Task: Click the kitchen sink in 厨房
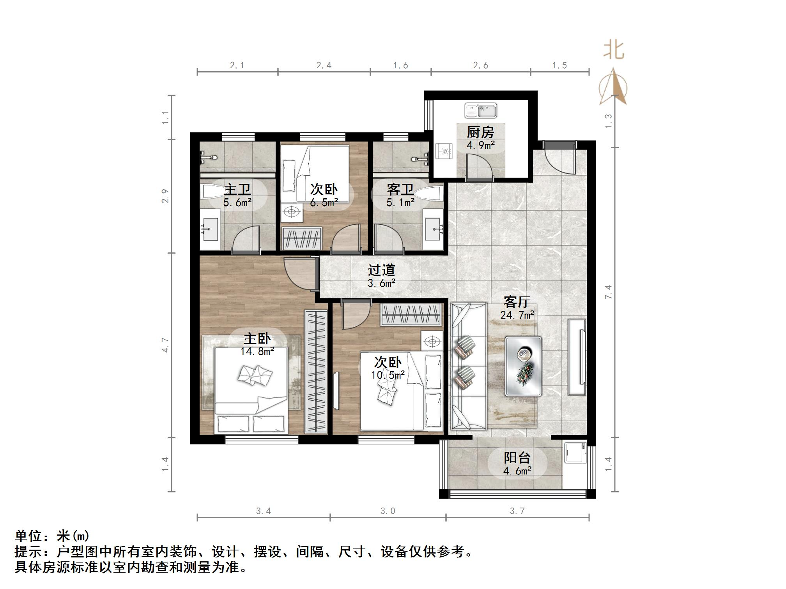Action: pos(480,111)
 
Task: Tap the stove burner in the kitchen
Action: pos(445,151)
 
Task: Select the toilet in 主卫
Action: pos(212,191)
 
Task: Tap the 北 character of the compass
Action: pos(614,50)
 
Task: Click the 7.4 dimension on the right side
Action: pos(609,292)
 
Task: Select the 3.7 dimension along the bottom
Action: pos(517,511)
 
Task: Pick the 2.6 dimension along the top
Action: pos(481,65)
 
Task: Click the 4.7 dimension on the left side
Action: pos(166,345)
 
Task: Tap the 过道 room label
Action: pos(381,270)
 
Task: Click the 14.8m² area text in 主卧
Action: pos(257,351)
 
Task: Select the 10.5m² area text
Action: pos(388,375)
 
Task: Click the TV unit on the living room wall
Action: pos(577,357)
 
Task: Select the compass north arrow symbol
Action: pos(614,87)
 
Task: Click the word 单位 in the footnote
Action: pos(28,536)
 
